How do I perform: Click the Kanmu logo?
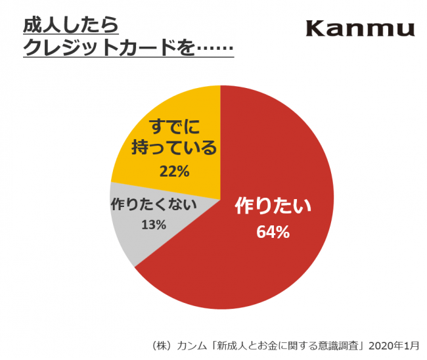point(360,28)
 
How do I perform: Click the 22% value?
point(174,172)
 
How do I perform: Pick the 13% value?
point(153,225)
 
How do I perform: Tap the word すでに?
point(174,125)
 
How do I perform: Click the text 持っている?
point(174,148)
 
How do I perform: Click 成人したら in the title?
point(70,26)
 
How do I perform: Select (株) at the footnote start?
point(162,345)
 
